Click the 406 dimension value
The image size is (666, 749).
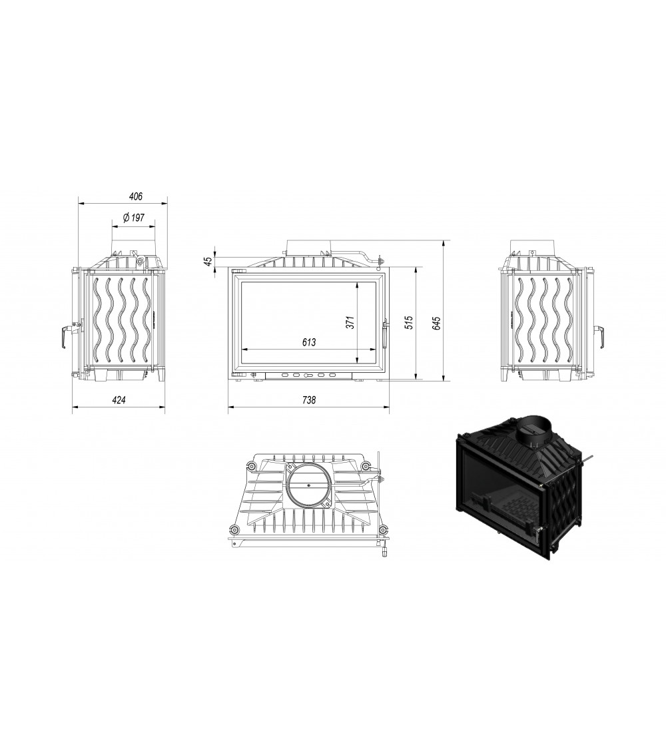pyautogui.click(x=136, y=196)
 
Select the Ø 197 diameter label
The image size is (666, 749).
pyautogui.click(x=133, y=218)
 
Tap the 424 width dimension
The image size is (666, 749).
pyautogui.click(x=119, y=400)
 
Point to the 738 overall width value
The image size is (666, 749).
pyautogui.click(x=309, y=400)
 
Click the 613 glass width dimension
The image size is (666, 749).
pyautogui.click(x=309, y=342)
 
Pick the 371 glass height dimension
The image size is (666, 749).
pyautogui.click(x=350, y=322)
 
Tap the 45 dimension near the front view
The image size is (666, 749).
pyautogui.click(x=208, y=261)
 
